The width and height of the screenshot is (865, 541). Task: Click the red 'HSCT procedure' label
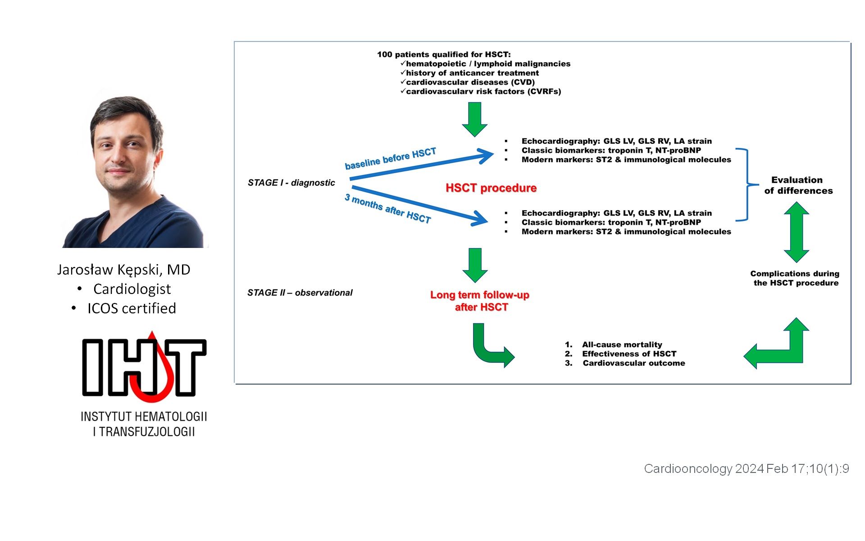point(491,188)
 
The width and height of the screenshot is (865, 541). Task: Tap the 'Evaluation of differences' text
point(798,185)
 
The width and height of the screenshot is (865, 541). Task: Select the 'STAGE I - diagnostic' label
point(291,183)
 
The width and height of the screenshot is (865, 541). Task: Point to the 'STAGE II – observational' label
point(300,293)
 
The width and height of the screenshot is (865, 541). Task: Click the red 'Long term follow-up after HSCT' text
point(480,301)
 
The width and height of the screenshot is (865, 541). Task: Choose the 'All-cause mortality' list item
point(622,344)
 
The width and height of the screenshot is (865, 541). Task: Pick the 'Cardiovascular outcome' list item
point(634,363)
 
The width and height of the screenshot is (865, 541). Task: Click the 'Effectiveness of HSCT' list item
point(629,354)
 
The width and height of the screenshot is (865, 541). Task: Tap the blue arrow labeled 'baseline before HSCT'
point(422,166)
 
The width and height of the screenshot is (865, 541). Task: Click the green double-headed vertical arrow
point(797,232)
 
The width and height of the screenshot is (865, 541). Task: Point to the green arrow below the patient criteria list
point(475,119)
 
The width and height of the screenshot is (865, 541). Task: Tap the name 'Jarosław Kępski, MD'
point(123,270)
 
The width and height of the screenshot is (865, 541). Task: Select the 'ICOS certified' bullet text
point(132,308)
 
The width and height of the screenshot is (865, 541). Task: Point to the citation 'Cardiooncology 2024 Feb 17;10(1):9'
point(747,469)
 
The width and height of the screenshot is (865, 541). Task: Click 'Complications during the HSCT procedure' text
point(795,278)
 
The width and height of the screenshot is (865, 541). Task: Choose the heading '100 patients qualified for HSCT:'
point(444,55)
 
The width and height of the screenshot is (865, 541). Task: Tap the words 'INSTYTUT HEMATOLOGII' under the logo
point(144,417)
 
